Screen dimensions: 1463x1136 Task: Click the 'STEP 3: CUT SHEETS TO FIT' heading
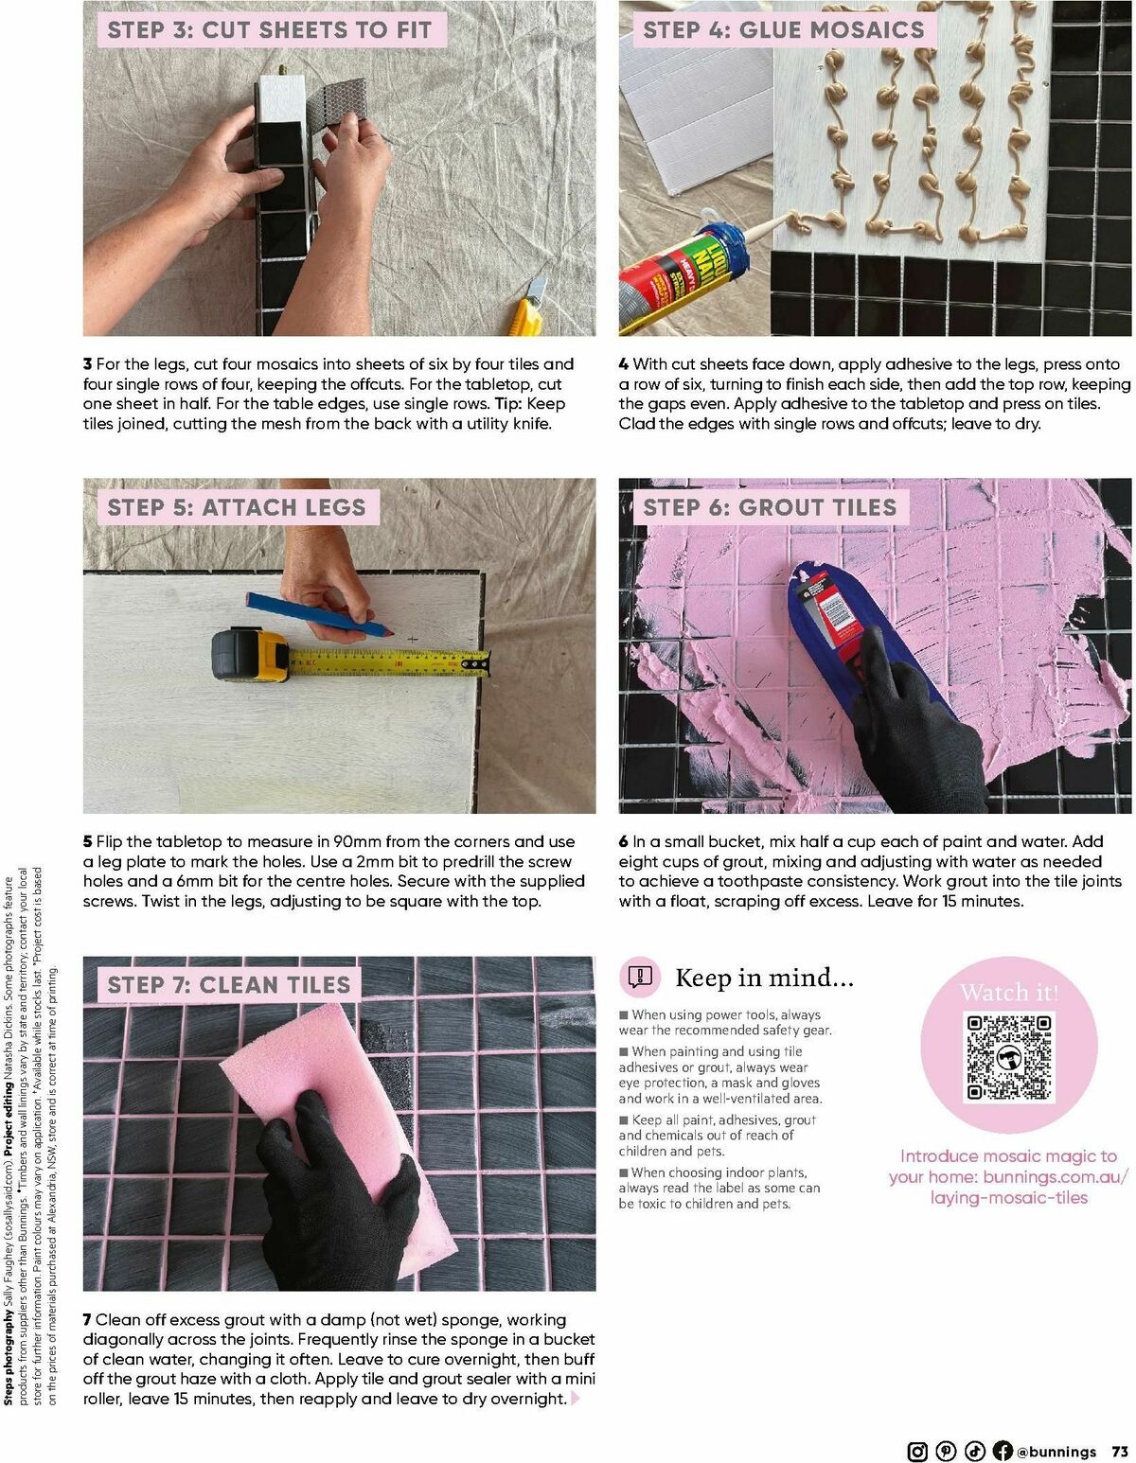point(269,30)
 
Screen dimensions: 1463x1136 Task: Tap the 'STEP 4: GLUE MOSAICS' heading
point(783,30)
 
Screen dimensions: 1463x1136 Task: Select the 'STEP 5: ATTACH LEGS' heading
point(237,507)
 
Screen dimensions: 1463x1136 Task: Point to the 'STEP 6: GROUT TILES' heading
point(770,507)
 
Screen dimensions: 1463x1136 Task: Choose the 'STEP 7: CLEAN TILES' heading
point(228,985)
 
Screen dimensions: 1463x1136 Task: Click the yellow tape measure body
point(250,655)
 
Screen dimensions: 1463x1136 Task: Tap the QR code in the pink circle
point(1008,1057)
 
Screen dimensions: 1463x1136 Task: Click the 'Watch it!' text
point(1008,993)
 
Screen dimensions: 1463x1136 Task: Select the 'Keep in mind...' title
point(764,978)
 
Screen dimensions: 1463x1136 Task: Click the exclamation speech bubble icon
point(640,977)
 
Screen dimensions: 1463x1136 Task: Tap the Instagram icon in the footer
point(917,1451)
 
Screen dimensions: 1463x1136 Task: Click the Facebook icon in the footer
point(1003,1451)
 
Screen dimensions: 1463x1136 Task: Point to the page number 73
point(1120,1452)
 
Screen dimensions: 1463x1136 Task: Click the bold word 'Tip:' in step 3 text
point(508,404)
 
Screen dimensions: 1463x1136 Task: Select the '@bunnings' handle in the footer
point(1056,1452)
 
